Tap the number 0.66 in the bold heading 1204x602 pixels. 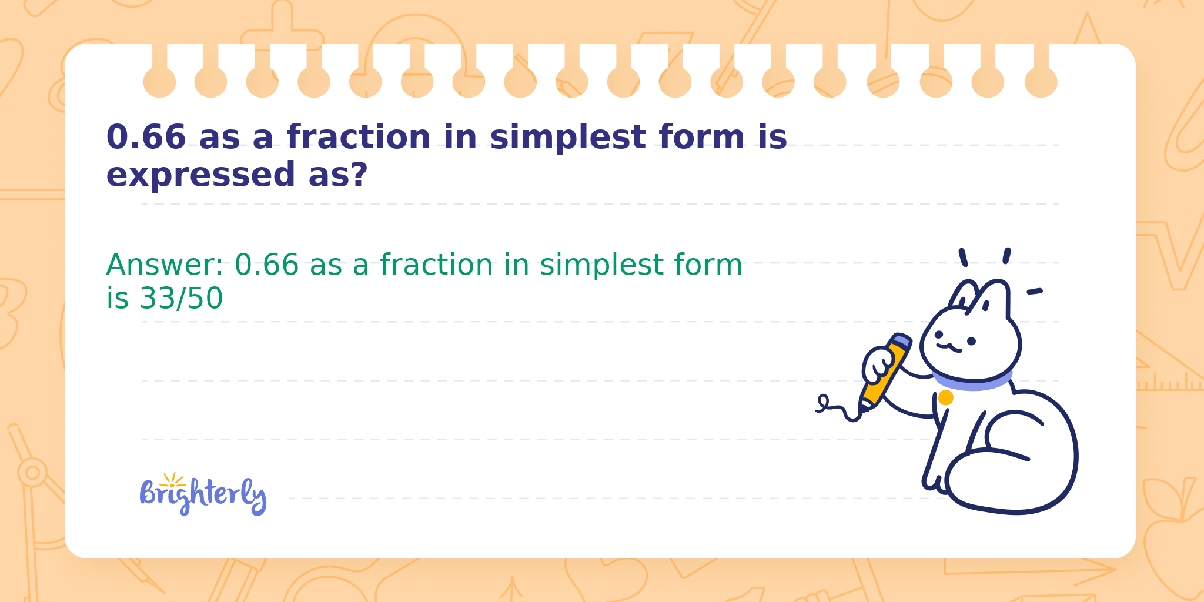[146, 137]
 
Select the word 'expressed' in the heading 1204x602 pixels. [201, 175]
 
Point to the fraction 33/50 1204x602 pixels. [181, 298]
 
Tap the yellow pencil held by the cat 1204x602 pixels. [884, 371]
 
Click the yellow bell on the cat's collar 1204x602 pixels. [945, 398]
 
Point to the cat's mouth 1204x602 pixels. [949, 347]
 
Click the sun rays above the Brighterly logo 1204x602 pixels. [172, 479]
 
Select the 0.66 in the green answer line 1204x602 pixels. [267, 265]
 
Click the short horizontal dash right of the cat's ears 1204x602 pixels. [1035, 291]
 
